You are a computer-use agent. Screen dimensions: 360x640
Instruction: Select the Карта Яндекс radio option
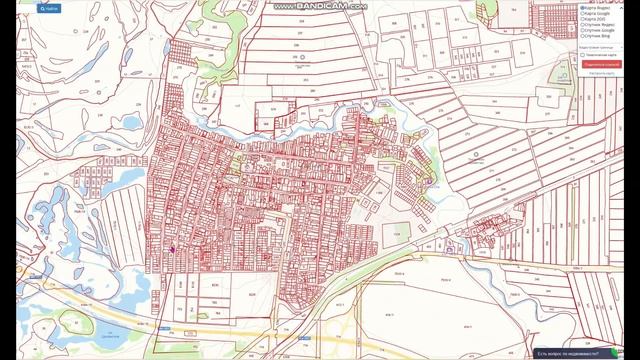coord(582,8)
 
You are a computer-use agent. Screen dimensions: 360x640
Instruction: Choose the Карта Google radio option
coord(582,14)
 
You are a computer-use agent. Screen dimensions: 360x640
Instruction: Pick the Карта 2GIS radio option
coord(582,20)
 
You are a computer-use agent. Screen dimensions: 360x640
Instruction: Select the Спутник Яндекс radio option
coord(582,26)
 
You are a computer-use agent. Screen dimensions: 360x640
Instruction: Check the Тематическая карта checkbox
coord(582,55)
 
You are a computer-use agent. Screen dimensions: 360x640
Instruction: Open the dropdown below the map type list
coord(606,46)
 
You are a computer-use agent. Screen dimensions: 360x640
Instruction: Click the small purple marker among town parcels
coord(172,250)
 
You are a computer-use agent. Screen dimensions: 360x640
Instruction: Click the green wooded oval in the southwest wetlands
coord(75,322)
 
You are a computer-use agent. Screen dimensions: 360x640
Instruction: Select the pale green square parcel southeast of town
coord(401,235)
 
